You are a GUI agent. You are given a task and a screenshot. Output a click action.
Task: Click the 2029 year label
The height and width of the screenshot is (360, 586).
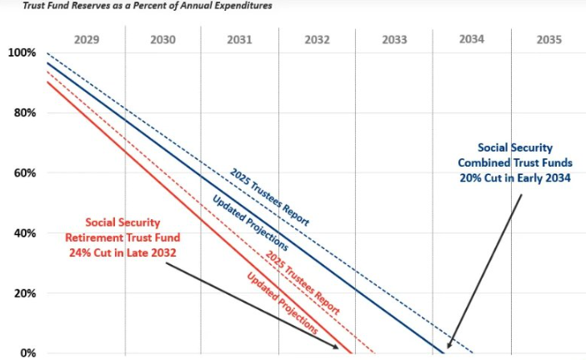(87, 39)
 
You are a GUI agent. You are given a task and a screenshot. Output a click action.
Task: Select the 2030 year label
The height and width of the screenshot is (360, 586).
(163, 39)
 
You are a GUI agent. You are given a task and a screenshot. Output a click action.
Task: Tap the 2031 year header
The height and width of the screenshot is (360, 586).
(240, 39)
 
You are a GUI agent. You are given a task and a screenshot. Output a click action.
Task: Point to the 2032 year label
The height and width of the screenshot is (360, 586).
(317, 39)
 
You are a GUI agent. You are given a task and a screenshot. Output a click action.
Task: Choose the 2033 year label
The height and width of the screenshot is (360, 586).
(393, 39)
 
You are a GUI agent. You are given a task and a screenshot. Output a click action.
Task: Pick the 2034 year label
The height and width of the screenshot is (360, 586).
(471, 39)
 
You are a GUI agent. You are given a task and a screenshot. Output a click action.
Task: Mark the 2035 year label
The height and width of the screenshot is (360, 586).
(548, 39)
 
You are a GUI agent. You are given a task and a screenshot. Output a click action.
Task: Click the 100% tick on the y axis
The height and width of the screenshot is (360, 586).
(21, 52)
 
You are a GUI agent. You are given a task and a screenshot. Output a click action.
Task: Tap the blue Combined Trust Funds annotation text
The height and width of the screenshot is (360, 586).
(513, 162)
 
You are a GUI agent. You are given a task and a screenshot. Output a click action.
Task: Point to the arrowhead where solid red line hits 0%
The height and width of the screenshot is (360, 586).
(336, 347)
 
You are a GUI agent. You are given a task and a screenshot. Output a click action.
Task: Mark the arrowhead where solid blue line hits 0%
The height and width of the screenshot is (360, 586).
(448, 347)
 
